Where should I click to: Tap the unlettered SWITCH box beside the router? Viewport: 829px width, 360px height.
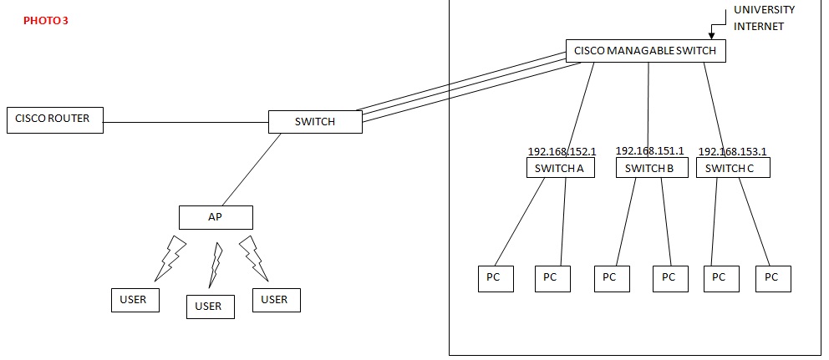(x=315, y=122)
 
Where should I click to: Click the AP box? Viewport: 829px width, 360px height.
(x=215, y=217)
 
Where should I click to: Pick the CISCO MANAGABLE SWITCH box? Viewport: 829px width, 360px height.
(x=645, y=51)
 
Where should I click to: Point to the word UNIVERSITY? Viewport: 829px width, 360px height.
(x=764, y=10)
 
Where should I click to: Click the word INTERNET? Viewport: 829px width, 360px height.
(x=759, y=27)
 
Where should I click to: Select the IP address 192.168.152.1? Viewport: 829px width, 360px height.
(x=562, y=152)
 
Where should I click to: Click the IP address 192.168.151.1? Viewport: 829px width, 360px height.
(x=649, y=151)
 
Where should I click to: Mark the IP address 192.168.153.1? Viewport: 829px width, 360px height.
(x=732, y=152)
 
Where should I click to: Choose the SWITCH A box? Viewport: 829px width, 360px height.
(x=560, y=168)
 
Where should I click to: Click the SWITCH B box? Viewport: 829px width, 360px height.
(x=651, y=168)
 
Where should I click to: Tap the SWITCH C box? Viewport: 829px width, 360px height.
(x=732, y=168)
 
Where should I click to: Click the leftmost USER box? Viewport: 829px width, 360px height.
(x=135, y=300)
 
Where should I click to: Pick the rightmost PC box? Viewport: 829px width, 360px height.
(x=772, y=277)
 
